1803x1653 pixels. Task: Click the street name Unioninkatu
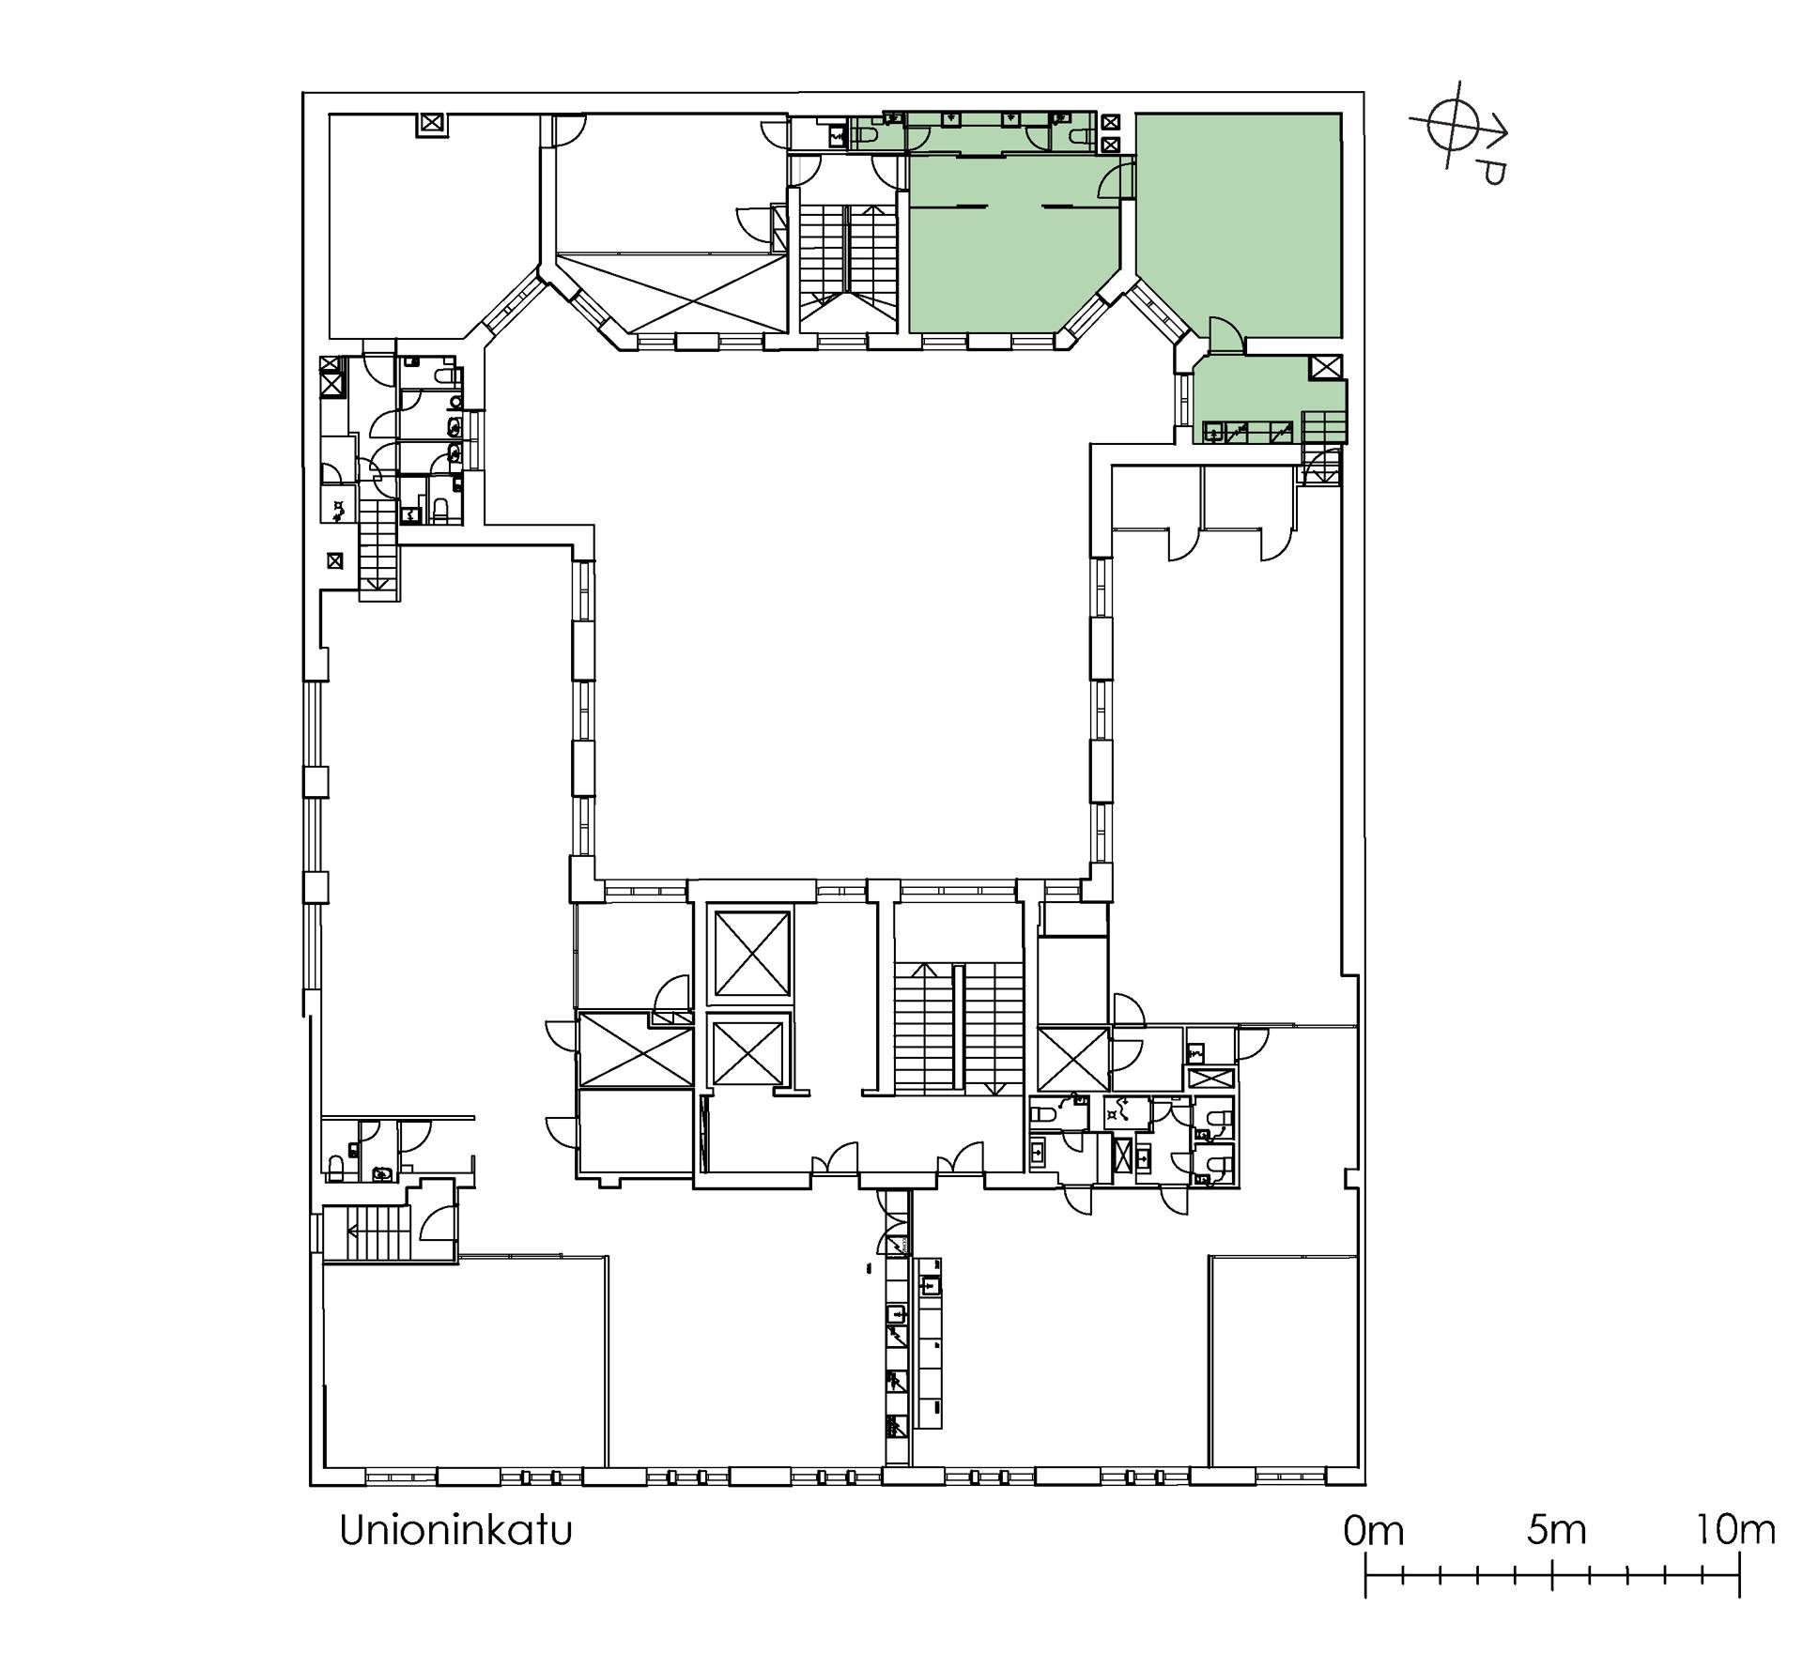pos(455,1531)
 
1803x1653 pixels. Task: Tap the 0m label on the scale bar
pos(1373,1532)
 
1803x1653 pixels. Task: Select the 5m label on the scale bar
pos(1556,1531)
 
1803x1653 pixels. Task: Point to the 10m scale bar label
pos(1736,1531)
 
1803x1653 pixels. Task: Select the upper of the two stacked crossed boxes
pos(1111,122)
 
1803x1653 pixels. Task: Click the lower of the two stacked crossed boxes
pos(1111,144)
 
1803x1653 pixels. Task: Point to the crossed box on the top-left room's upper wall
pos(431,123)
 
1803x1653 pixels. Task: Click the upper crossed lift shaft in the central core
pos(752,953)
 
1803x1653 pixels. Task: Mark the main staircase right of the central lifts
pos(958,1028)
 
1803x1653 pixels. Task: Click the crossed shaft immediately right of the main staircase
pos(1073,1059)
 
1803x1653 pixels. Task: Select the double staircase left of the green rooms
pos(846,263)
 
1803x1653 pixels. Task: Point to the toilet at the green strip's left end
pos(863,137)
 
